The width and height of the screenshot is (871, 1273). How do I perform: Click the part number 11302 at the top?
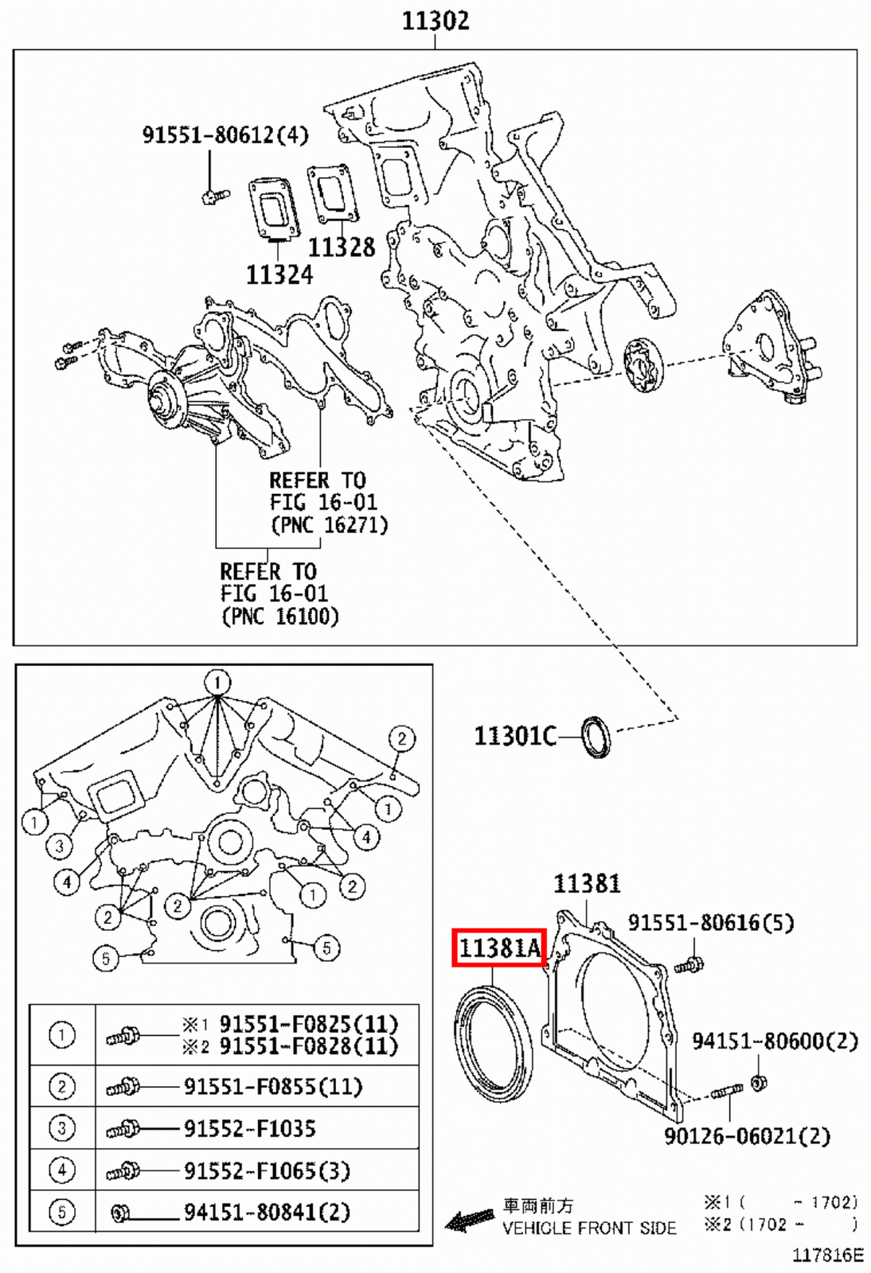[x=435, y=20]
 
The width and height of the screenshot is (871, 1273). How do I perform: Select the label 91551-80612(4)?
[x=225, y=134]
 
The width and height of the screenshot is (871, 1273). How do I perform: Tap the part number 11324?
[x=279, y=274]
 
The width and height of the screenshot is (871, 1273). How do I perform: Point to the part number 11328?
[x=341, y=247]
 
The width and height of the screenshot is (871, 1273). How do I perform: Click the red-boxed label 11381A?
[x=499, y=948]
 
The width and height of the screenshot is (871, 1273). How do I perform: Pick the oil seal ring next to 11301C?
[x=596, y=737]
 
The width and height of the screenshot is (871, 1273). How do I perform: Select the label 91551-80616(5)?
[x=710, y=922]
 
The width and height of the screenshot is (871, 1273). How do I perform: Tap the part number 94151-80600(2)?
[x=774, y=1041]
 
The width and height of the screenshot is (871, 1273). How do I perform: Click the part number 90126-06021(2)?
[x=747, y=1136]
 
